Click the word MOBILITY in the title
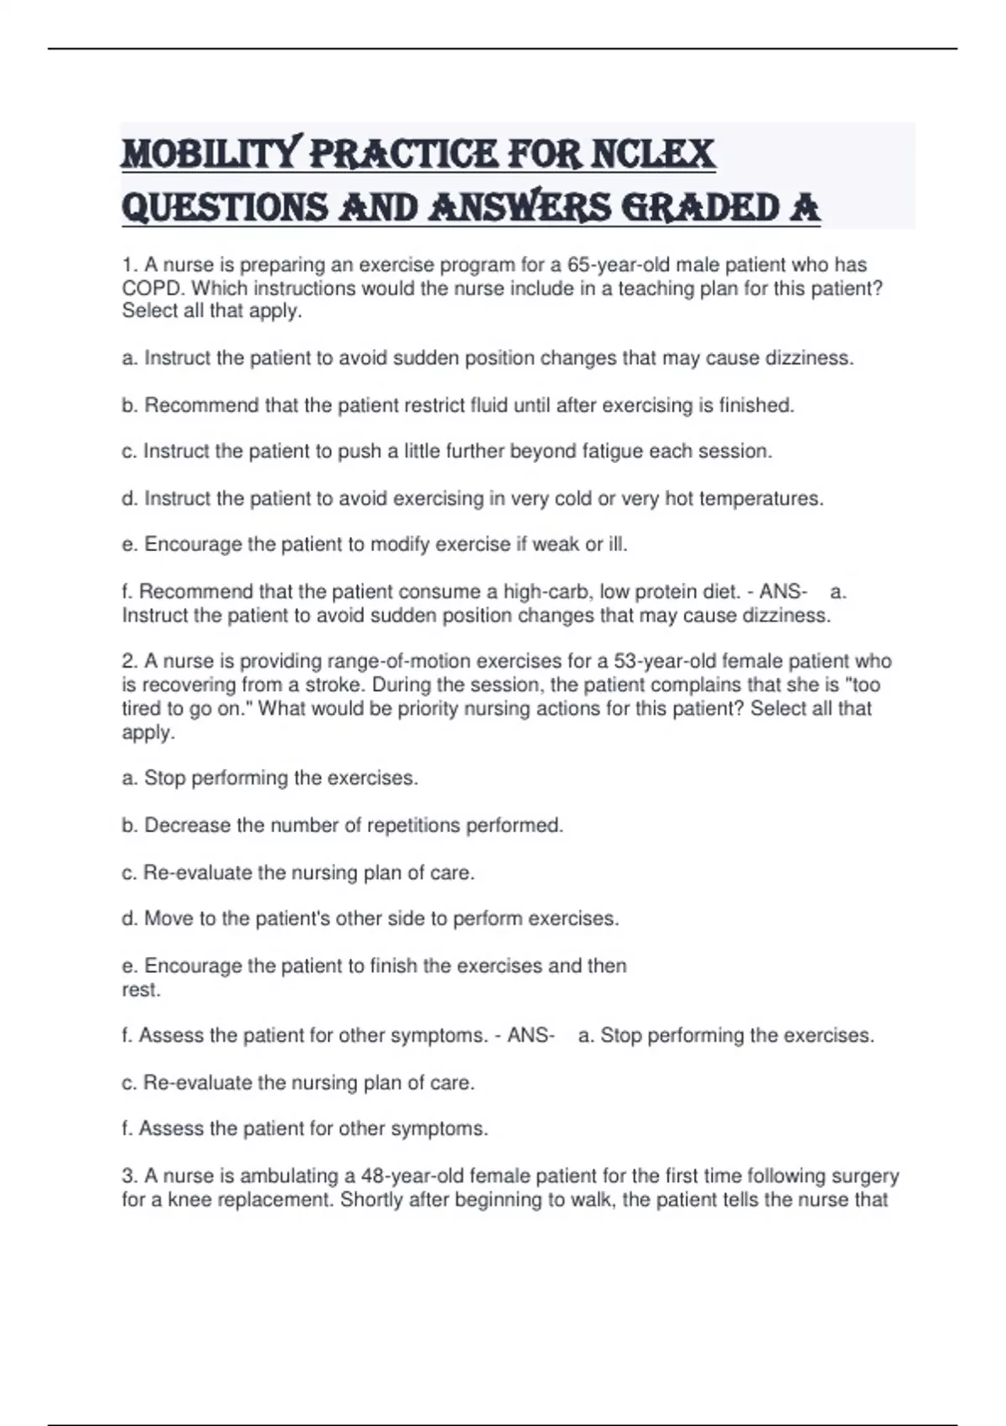(x=210, y=154)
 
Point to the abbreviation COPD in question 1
(x=153, y=288)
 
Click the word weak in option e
(x=556, y=544)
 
